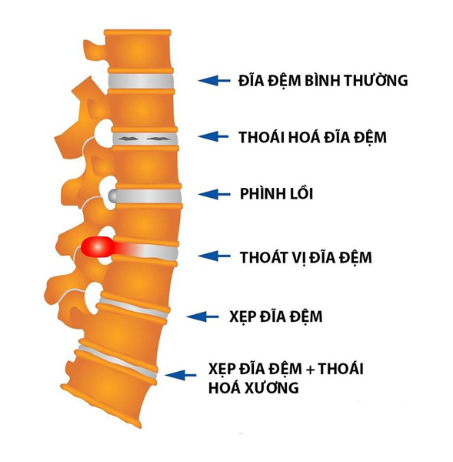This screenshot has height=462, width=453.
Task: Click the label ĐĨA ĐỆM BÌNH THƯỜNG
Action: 323,80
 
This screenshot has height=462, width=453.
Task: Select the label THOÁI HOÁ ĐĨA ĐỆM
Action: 312,137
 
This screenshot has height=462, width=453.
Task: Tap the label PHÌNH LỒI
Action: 276,193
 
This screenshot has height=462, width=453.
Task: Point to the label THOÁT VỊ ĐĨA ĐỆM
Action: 306,257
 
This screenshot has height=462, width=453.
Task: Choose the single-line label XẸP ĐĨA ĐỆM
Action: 276,316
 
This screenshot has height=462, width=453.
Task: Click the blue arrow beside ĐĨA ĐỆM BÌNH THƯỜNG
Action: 214,80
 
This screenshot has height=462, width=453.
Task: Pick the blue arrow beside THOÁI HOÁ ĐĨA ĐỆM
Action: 213,136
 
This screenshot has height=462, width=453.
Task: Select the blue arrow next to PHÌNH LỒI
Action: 214,194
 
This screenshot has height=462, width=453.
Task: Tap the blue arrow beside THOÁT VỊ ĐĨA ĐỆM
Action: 214,256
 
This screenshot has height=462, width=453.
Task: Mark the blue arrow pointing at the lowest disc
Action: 181,375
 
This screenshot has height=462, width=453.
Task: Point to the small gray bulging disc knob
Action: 113,196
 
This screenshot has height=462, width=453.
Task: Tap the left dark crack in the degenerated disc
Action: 128,138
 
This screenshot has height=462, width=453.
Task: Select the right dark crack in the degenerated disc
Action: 158,138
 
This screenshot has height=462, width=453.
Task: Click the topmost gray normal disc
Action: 141,81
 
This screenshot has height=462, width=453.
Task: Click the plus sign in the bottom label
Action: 310,370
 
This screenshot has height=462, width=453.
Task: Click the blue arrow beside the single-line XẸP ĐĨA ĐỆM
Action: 203,316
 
